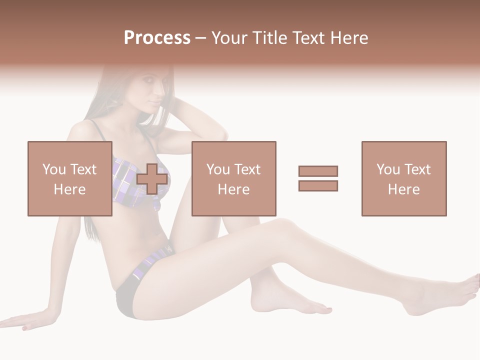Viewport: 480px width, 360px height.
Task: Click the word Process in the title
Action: click(x=157, y=38)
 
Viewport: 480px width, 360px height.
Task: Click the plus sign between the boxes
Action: click(x=152, y=178)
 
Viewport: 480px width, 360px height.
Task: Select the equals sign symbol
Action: click(x=318, y=178)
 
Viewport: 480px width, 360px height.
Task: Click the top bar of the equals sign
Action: click(x=318, y=171)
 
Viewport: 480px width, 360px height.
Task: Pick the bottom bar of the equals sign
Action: click(x=318, y=185)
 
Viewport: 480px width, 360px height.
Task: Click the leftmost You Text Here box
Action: click(x=69, y=178)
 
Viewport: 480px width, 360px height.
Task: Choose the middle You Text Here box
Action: click(x=233, y=178)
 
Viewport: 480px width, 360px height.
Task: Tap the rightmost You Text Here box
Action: click(x=403, y=178)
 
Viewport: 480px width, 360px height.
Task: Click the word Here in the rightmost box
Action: click(x=403, y=189)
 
